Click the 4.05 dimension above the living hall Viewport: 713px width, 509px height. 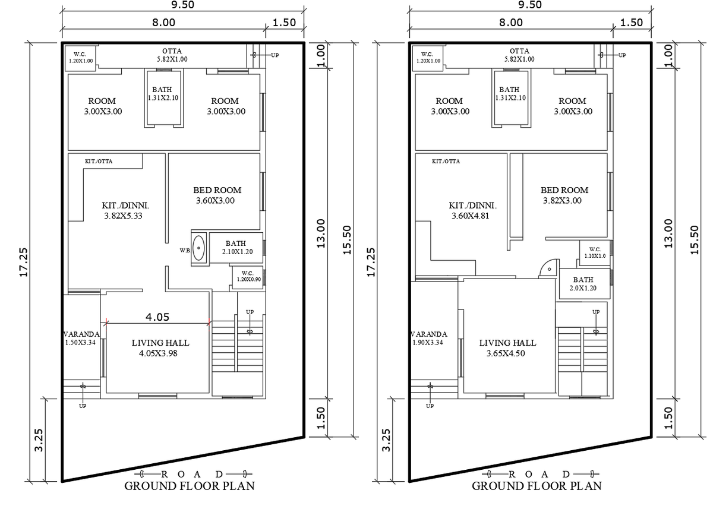tap(157, 317)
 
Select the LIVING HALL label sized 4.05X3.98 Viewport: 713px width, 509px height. tap(160, 348)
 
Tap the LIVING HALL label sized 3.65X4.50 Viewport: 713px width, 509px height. tap(507, 348)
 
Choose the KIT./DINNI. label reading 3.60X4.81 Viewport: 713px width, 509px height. tap(472, 211)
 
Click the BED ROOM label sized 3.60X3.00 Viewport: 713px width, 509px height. tap(217, 195)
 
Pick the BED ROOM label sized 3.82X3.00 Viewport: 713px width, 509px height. tap(564, 195)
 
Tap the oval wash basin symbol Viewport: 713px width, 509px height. tap(198, 248)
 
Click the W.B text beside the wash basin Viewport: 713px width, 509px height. tap(184, 251)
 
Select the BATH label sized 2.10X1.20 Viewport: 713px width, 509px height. tap(235, 248)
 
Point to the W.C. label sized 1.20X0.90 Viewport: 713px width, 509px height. tap(248, 276)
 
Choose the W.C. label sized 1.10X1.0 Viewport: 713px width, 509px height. tap(595, 252)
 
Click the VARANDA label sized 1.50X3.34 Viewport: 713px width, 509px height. tap(81, 338)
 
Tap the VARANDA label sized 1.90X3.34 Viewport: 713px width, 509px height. tap(429, 338)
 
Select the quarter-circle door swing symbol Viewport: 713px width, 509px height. tap(547, 268)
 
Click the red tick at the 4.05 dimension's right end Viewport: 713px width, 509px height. tap(209, 323)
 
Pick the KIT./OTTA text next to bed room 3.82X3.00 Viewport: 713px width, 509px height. tap(445, 161)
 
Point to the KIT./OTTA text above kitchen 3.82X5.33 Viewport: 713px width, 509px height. tap(98, 161)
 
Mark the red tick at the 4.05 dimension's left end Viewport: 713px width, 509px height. tap(106, 323)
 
